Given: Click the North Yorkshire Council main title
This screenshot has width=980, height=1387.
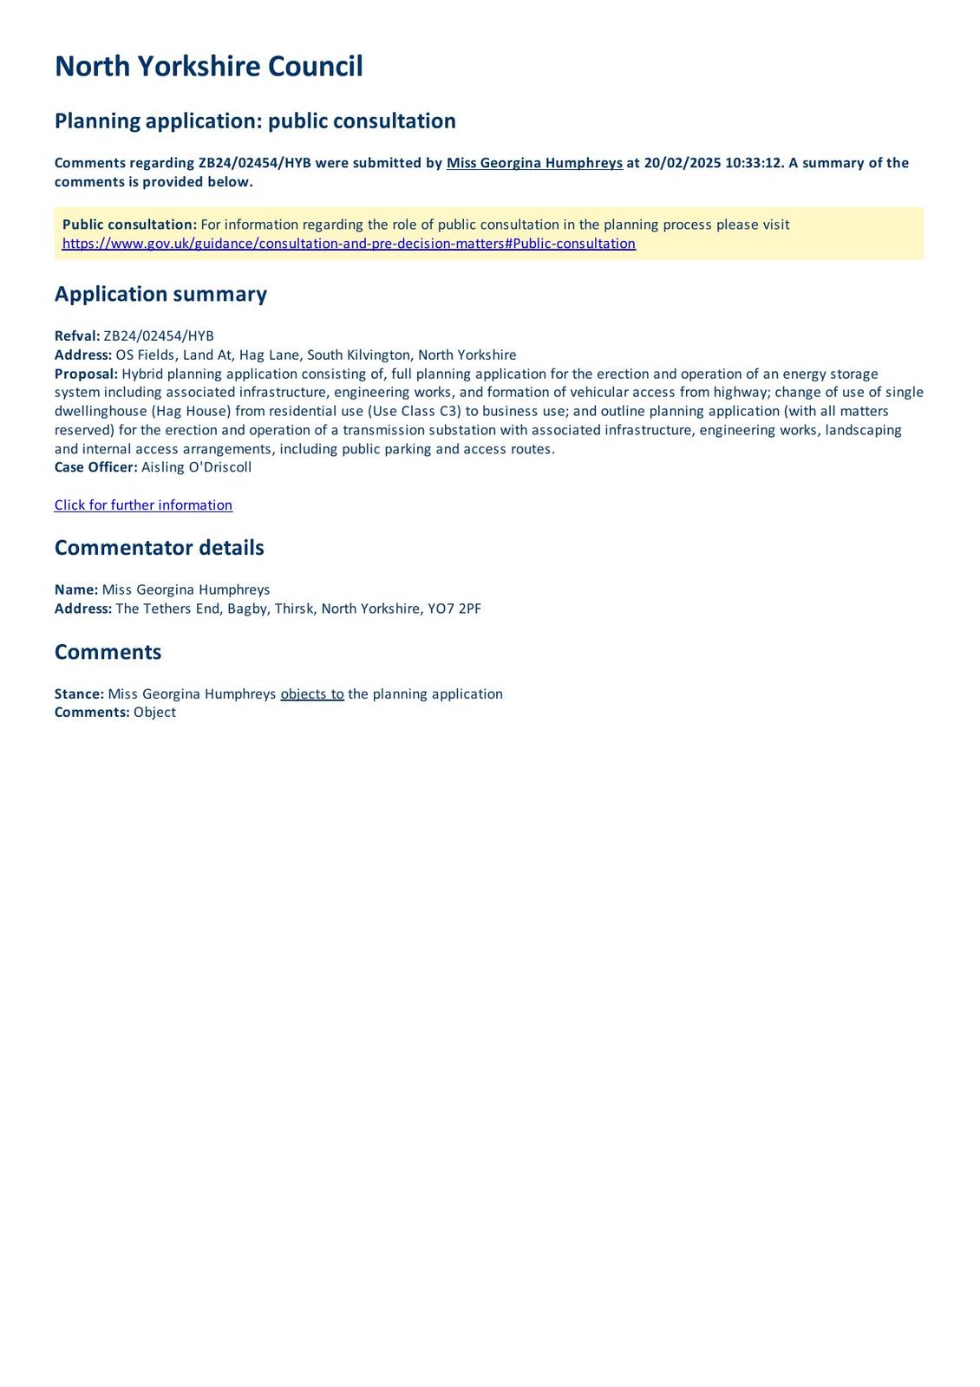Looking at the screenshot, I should [208, 67].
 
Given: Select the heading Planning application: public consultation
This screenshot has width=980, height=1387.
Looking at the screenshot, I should [255, 120].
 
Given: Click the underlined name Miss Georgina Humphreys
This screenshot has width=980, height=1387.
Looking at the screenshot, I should [534, 163].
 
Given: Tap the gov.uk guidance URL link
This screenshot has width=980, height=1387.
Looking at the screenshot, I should [349, 244].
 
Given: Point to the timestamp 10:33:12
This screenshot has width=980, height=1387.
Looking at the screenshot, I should [754, 163].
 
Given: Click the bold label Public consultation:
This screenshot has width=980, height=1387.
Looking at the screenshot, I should [129, 225].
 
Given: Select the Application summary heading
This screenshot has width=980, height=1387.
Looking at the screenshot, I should [160, 294].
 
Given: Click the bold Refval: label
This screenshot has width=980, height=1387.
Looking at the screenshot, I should [77, 336].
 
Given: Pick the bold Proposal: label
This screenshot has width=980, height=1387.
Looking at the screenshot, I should [86, 374].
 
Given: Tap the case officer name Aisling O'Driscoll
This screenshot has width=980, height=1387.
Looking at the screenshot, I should [196, 467].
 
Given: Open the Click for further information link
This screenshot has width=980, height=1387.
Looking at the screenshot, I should [143, 505].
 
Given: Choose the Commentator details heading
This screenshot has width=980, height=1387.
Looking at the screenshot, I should [159, 548].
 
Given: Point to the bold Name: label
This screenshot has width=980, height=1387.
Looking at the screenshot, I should [76, 589].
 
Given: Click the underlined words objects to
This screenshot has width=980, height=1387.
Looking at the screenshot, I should [312, 694].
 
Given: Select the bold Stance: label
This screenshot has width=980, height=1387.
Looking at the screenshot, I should [79, 694].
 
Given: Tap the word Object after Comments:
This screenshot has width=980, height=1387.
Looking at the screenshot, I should [154, 713].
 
